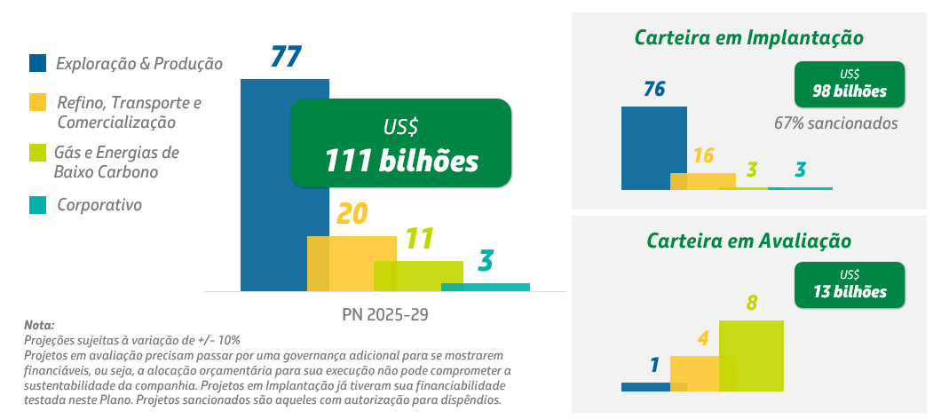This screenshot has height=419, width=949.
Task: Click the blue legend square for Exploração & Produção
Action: point(37,63)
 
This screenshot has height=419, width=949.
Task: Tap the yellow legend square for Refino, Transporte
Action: point(37,102)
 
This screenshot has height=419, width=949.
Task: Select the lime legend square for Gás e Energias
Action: point(37,152)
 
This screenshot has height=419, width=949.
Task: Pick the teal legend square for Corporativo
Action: point(37,205)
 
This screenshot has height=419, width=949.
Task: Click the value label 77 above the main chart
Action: point(286,57)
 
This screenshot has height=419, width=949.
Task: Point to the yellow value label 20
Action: point(352,214)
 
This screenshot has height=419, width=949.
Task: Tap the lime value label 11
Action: point(418,239)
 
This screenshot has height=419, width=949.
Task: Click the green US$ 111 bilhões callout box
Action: point(401,143)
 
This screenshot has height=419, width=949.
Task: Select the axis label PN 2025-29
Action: point(384,314)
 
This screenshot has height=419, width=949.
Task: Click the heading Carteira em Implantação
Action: point(749,37)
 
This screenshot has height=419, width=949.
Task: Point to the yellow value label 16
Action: point(703,156)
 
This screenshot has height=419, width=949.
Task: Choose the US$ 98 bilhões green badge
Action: point(850,83)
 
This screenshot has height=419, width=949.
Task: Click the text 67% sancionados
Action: point(835,123)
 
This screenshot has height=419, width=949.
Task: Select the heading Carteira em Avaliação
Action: point(749,241)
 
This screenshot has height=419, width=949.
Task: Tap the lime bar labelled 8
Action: point(751,355)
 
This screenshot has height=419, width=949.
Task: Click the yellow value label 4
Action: point(702,338)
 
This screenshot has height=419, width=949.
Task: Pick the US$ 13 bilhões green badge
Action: point(850,284)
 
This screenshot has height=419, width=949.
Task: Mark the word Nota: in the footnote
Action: point(39,326)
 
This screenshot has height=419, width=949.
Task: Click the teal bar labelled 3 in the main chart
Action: point(485,287)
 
